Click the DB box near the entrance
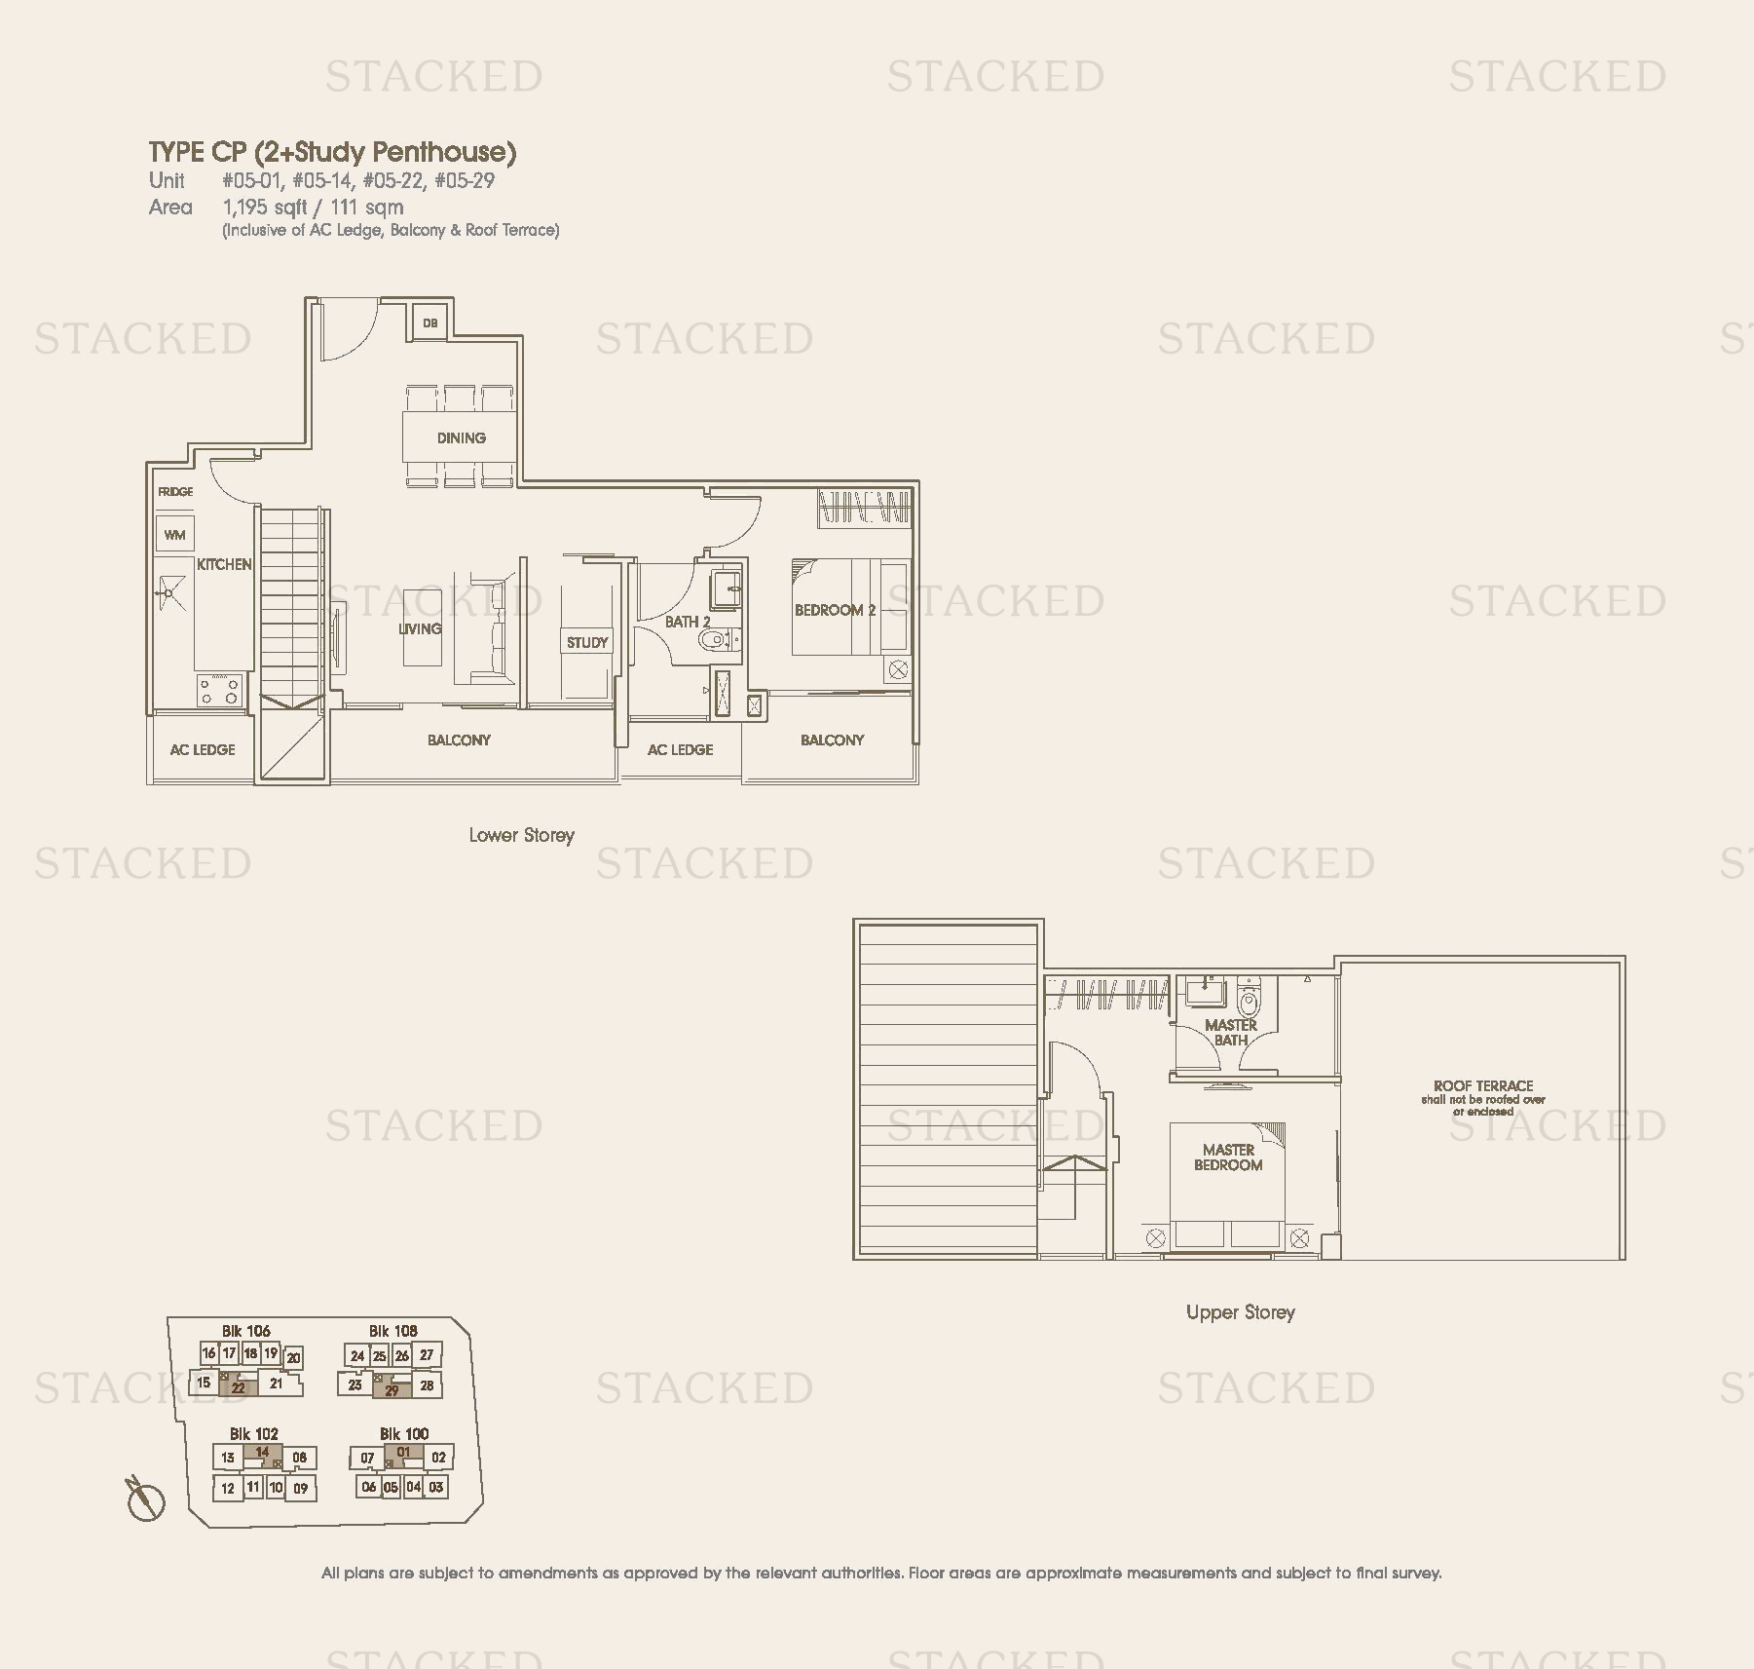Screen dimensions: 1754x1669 point(430,322)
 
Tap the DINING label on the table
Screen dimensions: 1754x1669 point(462,438)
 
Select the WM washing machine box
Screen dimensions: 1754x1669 point(175,535)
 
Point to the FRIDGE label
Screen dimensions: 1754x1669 point(176,492)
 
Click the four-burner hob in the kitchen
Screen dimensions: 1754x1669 point(219,691)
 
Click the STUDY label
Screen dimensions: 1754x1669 point(587,643)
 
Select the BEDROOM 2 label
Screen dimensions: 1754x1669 point(836,611)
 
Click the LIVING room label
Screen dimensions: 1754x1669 point(420,629)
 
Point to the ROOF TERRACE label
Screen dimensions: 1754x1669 point(1483,1085)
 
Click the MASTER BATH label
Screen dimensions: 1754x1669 point(1231,1033)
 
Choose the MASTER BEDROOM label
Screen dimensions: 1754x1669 point(1228,1157)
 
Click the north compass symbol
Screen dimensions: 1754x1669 point(145,1498)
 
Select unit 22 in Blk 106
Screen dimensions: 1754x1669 point(238,1385)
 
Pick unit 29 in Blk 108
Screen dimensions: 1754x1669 point(392,1387)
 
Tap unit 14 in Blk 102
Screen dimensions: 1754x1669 point(262,1454)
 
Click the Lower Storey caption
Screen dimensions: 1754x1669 point(522,836)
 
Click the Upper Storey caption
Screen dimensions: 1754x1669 point(1241,1312)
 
